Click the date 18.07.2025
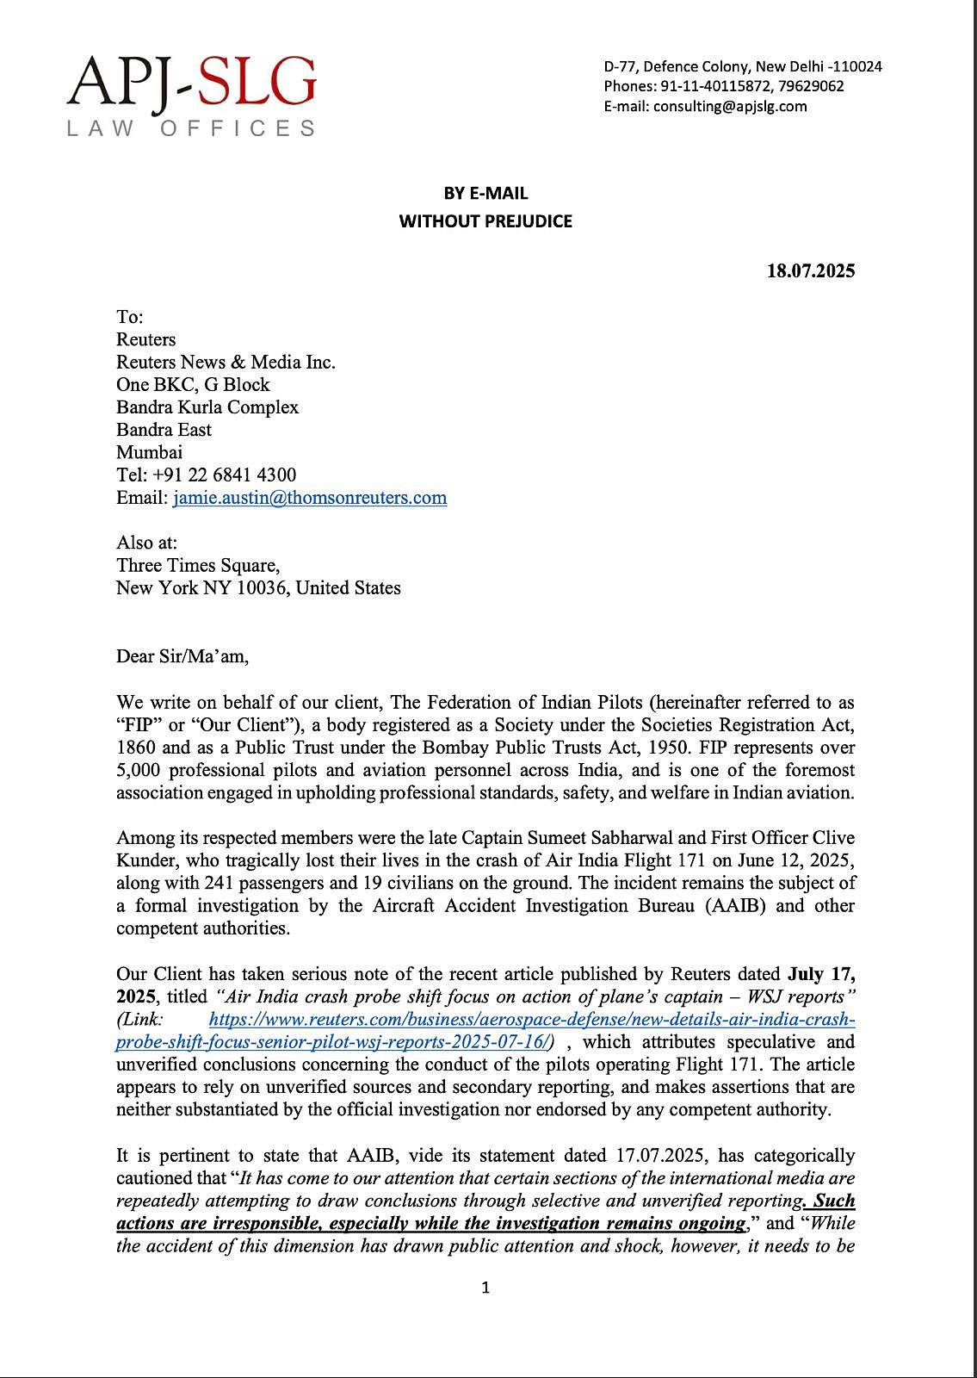[x=811, y=270]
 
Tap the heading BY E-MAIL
[x=485, y=193]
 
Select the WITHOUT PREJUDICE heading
[x=485, y=221]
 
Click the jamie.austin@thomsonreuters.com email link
[x=310, y=498]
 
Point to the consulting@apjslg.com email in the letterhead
[x=730, y=107]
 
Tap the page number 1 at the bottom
[x=485, y=1288]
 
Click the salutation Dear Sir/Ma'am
[x=182, y=656]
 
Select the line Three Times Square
[x=198, y=566]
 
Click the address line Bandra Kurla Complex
[x=207, y=407]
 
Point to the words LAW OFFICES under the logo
[x=191, y=129]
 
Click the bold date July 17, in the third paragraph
[x=820, y=975]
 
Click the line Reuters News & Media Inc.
[x=226, y=363]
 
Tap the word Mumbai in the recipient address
[x=149, y=452]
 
